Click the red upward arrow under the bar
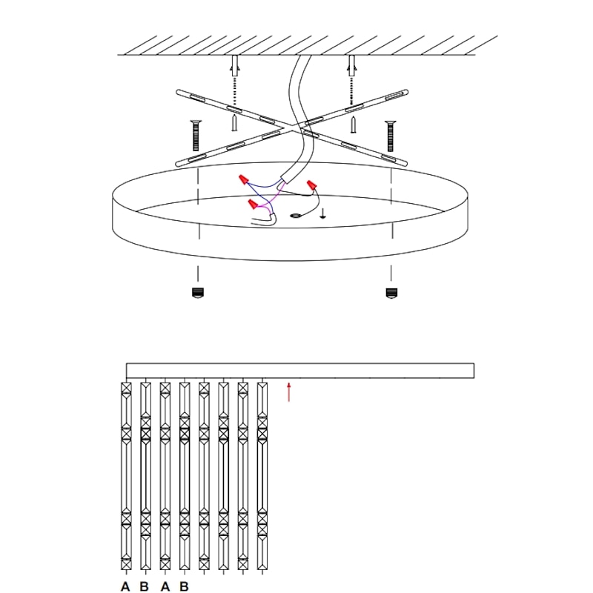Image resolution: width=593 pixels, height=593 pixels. pos(289,392)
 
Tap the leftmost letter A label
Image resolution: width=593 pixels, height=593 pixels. pos(125,586)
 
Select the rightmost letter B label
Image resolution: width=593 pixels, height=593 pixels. pos(184,586)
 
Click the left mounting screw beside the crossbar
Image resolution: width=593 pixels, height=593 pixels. pos(196,136)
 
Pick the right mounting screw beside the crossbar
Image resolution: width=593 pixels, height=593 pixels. pos(391,136)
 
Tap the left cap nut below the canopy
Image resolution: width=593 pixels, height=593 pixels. pos(198,293)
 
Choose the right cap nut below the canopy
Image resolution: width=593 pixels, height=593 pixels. pos(391,293)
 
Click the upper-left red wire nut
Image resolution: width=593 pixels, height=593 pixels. pos(244,179)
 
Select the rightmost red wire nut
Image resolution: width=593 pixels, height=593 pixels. pos(311,185)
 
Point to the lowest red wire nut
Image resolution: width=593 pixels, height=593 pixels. pos(253,205)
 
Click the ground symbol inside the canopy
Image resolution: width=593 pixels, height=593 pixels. pos(322,213)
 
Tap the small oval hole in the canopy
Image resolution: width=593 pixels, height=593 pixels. pos(295,216)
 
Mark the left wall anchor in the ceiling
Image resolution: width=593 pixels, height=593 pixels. pos(235,65)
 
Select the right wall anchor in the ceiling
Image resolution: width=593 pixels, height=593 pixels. pos(351,65)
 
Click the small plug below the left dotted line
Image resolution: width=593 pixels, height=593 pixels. pos(235,123)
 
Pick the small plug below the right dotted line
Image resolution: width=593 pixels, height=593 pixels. pos(354,125)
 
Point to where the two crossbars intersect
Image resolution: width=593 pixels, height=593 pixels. pos(292,127)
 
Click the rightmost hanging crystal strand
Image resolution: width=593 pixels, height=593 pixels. pos(262,476)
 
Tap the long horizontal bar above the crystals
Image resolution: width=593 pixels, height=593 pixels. pos(300,371)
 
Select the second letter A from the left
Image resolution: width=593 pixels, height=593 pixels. pos(165,586)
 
